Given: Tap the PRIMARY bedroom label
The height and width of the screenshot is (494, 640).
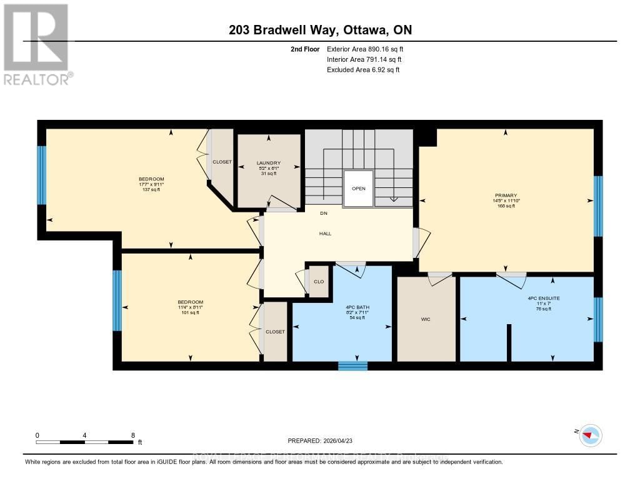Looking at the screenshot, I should click(506, 195).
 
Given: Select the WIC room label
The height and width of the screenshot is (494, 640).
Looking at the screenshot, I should click(426, 319).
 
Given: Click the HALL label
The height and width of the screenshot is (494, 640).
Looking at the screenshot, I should click(325, 234).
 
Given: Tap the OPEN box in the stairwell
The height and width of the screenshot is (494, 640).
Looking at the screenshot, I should click(358, 189).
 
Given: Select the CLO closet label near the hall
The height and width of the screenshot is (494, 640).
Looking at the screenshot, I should click(319, 282).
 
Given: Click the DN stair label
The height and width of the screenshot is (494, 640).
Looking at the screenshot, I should click(324, 214).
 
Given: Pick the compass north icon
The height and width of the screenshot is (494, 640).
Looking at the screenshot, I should click(590, 435).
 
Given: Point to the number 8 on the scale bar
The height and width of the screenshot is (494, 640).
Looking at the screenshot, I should click(132, 435).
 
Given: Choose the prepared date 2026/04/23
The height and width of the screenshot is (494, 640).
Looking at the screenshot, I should click(321, 440).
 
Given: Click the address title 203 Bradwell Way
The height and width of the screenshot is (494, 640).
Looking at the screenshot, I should click(319, 30).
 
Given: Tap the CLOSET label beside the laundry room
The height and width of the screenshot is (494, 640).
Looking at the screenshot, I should click(222, 162).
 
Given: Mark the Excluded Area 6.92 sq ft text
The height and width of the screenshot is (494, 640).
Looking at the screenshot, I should click(363, 70).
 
